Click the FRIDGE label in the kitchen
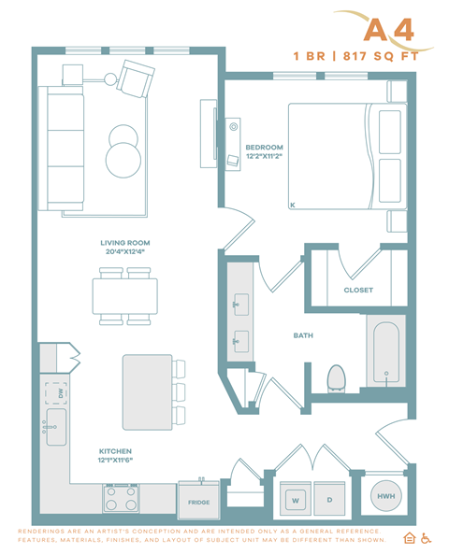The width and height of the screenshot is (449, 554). pyautogui.click(x=198, y=503)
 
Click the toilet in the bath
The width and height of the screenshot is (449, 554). pyautogui.click(x=337, y=377)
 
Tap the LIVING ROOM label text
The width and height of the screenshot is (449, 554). pyautogui.click(x=126, y=243)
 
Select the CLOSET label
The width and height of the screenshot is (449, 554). pyautogui.click(x=358, y=290)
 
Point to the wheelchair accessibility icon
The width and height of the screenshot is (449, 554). pyautogui.click(x=426, y=538)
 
